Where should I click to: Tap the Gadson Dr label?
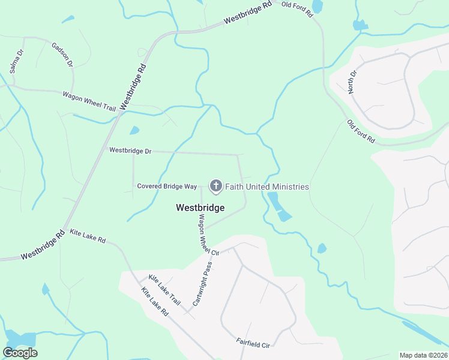(62, 55)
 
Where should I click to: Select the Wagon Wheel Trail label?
(89, 100)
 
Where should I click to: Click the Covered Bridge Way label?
(167, 187)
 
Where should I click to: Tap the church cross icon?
(215, 187)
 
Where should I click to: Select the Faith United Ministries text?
(267, 187)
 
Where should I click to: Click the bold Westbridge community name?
(200, 208)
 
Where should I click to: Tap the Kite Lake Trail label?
(164, 289)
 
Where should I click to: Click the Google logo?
(20, 352)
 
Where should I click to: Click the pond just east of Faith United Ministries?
(279, 207)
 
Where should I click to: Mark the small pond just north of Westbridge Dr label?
(134, 130)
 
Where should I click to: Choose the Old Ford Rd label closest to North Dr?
(361, 132)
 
